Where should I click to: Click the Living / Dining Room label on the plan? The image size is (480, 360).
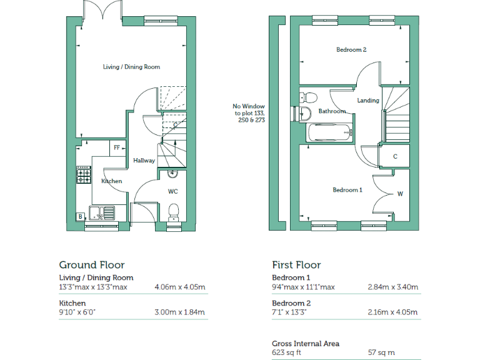pyautogui.click(x=131, y=67)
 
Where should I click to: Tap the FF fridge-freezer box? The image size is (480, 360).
pyautogui.click(x=116, y=148)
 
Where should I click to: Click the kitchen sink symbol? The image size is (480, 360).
pyautogui.click(x=102, y=214)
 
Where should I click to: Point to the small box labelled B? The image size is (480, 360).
pyautogui.click(x=80, y=217)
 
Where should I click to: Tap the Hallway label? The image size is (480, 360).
pyautogui.click(x=144, y=161)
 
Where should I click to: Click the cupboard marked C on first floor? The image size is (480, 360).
pyautogui.click(x=395, y=156)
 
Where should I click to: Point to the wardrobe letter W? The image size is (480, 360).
pyautogui.click(x=400, y=194)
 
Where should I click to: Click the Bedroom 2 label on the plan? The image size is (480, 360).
pyautogui.click(x=351, y=50)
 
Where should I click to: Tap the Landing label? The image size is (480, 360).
pyautogui.click(x=368, y=100)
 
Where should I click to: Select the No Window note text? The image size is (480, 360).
pyautogui.click(x=249, y=113)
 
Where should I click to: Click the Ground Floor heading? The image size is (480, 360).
pyautogui.click(x=92, y=265)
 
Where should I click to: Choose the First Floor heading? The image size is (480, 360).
pyautogui.click(x=296, y=265)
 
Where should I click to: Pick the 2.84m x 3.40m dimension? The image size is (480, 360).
pyautogui.click(x=393, y=287)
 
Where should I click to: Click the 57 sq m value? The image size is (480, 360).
pyautogui.click(x=381, y=353)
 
